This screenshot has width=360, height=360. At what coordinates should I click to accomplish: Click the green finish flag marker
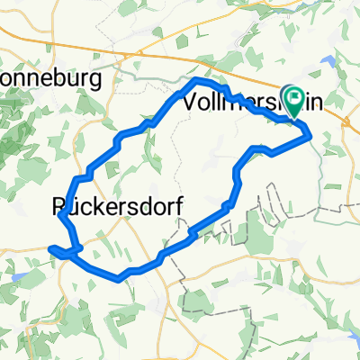294,98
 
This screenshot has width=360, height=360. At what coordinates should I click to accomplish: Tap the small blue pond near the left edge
15,266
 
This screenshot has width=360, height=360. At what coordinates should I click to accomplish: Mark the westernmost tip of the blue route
50,247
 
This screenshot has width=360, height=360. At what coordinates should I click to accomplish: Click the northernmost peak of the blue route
200,82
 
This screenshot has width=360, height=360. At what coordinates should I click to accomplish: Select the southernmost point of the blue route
119,278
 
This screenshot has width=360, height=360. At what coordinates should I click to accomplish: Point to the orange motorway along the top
180,36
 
